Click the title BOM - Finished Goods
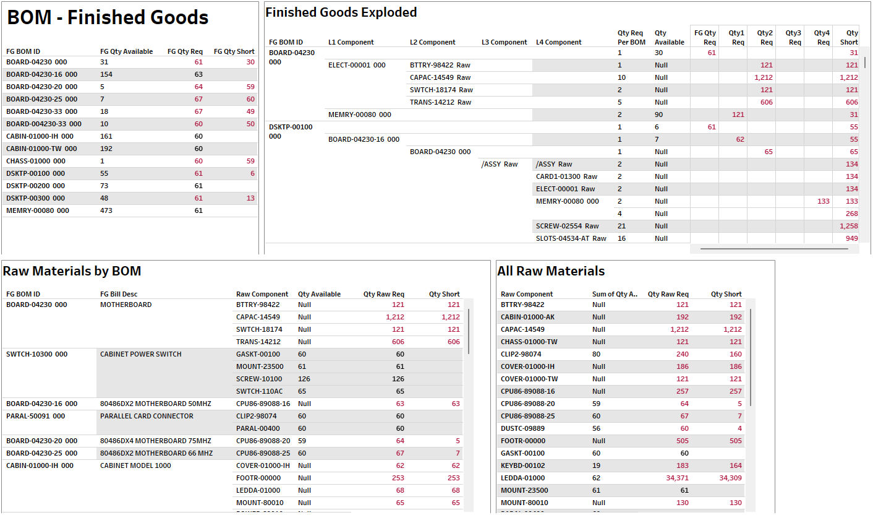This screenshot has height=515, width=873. (x=108, y=18)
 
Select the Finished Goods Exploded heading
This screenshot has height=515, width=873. (x=341, y=12)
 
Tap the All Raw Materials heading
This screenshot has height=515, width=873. (x=551, y=271)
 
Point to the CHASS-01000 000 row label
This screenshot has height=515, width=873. (x=36, y=161)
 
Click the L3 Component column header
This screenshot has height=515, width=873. (x=504, y=42)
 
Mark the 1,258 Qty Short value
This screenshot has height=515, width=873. (x=848, y=226)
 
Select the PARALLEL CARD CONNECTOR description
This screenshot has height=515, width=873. (x=147, y=416)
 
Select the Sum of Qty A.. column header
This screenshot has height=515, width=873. (x=615, y=294)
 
